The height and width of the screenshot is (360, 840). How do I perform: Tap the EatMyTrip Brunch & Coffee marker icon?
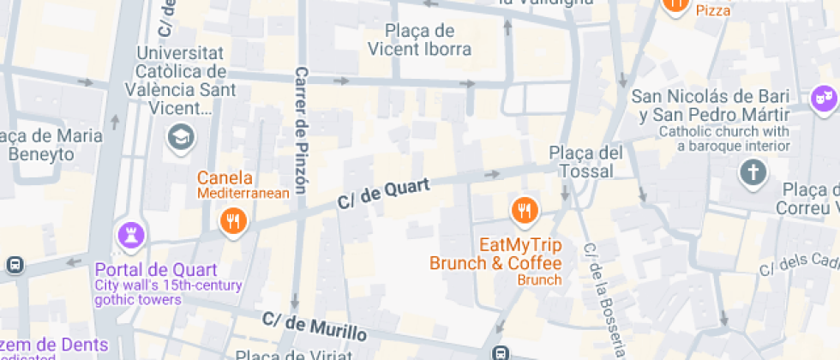523,209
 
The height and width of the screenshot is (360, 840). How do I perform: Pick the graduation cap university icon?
181,135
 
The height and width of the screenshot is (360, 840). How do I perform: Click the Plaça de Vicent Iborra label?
420,40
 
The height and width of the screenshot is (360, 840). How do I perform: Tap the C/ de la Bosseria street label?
603,300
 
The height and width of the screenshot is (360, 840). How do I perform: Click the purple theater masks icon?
824,98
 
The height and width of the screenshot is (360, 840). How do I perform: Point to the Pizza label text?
713,10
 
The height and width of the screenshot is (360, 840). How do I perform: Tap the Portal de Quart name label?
155,270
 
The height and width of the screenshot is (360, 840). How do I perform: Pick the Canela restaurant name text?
225,178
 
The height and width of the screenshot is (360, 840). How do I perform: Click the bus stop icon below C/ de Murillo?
500,352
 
